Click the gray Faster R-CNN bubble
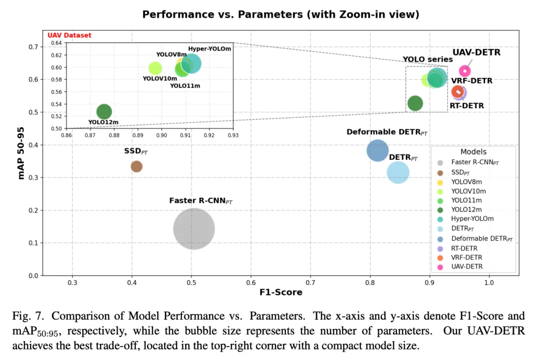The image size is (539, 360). click(194, 229)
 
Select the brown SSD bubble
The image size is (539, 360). click(136, 166)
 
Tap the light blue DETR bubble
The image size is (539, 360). click(398, 173)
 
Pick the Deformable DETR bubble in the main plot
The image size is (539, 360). click(377, 150)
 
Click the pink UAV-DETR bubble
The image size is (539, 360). click(465, 71)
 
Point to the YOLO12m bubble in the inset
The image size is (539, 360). click(104, 112)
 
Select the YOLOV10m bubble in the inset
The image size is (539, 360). click(155, 68)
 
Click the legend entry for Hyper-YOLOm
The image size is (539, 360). click(468, 219)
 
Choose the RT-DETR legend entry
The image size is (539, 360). click(464, 248)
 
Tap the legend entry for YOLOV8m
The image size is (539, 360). click(466, 182)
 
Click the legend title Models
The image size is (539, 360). click(473, 152)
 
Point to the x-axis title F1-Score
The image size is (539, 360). click(280, 292)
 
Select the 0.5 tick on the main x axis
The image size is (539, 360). click(192, 283)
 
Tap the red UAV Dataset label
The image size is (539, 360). click(69, 35)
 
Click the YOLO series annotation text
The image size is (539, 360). click(421, 59)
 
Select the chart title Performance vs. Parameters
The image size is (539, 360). click(280, 14)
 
